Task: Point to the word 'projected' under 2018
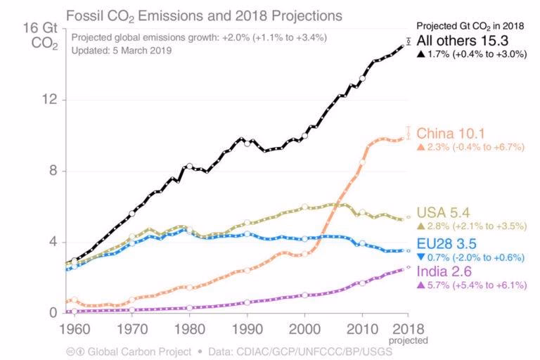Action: coord(409,340)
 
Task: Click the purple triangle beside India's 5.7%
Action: coord(421,285)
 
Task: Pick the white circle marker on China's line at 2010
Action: coord(362,162)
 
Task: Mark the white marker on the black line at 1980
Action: coord(190,167)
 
